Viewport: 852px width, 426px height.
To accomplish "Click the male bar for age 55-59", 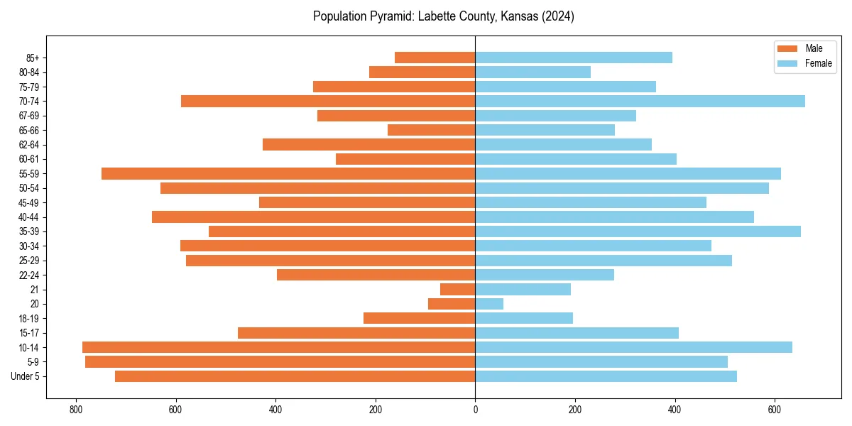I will pos(288,173).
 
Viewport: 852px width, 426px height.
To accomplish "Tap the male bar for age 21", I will pos(458,289).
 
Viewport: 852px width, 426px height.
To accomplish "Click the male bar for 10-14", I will pos(278,347).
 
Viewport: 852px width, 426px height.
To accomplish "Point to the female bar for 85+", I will pos(574,58).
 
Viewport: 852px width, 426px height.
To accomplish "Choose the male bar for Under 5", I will pos(295,376).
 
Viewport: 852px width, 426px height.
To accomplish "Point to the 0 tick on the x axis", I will pos(475,410).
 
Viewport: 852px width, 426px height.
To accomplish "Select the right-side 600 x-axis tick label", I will pos(775,410).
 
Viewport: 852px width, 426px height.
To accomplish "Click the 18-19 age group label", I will pos(29,318).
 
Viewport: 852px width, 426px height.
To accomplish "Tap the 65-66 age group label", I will pos(29,130).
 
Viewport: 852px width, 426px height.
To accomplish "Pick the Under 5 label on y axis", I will pos(25,376).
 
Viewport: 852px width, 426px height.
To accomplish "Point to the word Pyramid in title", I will pos(386,16).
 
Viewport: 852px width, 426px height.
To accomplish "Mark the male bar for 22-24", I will pos(376,275).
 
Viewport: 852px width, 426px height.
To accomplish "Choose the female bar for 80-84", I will pos(532,72).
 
